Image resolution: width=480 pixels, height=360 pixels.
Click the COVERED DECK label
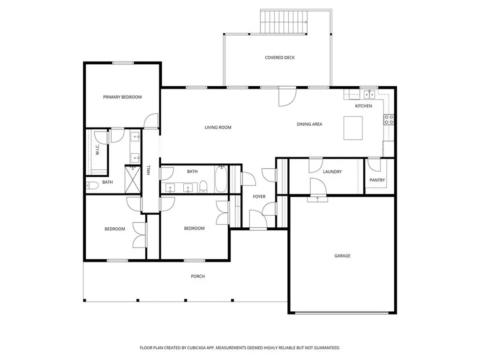280,58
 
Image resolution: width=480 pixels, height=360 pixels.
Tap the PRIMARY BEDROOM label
122,97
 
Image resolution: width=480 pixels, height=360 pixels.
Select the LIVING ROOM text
218,127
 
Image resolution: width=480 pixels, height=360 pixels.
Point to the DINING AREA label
309,124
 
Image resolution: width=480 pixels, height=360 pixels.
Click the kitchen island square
354,128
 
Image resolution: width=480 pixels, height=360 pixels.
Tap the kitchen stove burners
389,120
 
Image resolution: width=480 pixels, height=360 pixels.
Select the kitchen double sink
369,95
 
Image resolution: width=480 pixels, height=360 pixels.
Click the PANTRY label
377,180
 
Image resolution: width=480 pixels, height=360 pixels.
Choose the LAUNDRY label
332,172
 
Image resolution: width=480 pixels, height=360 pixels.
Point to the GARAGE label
342,256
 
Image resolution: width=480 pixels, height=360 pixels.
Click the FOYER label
259,197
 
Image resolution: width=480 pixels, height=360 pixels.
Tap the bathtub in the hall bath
221,179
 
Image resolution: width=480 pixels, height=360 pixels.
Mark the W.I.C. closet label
97,150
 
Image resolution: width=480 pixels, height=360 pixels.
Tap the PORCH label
198,276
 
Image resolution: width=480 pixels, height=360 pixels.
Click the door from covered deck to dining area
285,97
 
